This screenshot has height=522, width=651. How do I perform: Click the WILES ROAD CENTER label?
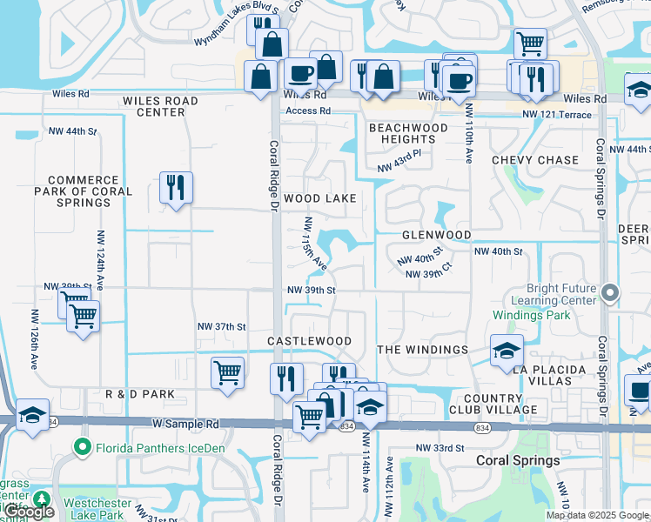tap(160, 106)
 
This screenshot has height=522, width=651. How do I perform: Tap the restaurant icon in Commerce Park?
tap(176, 187)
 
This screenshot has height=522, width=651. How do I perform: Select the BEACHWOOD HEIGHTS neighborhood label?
tap(408, 133)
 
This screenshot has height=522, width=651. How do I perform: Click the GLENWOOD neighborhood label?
tap(436, 235)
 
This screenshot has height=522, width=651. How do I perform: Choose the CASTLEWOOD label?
tap(309, 341)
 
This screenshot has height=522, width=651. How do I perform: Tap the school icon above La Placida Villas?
tap(507, 351)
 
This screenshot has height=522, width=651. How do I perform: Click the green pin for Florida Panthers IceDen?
tap(83, 447)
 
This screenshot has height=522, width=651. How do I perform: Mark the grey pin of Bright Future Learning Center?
tap(609, 294)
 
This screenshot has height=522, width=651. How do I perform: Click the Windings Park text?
tap(531, 314)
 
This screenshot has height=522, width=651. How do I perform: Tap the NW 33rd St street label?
tap(440, 447)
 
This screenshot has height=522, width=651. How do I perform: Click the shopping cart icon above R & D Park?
tap(227, 372)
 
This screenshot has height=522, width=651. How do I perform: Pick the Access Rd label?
tap(308, 110)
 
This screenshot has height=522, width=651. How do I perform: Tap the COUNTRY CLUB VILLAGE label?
tap(493, 404)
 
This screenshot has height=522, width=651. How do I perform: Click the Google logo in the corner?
tap(28, 512)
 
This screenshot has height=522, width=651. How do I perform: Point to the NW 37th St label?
tap(222, 326)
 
